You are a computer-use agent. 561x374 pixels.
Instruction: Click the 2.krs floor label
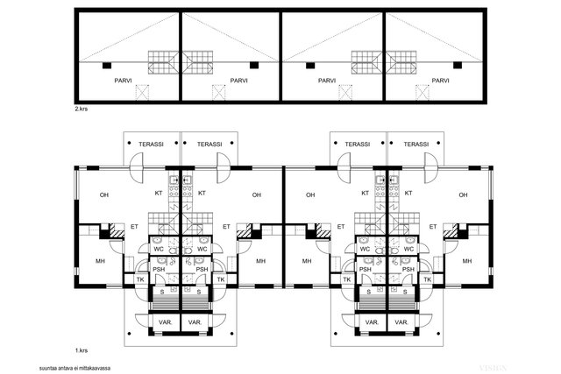point(81,109)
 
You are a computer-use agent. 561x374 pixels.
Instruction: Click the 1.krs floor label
point(82,350)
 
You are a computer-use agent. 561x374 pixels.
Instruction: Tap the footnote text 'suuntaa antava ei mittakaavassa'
point(75,368)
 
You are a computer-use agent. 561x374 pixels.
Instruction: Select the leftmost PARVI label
point(123,81)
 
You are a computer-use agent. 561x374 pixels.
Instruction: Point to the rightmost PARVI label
point(440,81)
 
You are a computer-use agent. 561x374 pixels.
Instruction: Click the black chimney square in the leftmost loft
point(107,66)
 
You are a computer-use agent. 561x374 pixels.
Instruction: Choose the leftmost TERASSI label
point(151,145)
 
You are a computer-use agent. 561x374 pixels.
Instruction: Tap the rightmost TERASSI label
point(416,145)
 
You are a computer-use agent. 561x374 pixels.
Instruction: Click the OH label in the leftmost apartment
point(104,195)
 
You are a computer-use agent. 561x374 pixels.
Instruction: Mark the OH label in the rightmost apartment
point(464,195)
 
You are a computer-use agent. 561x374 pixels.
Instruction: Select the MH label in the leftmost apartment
point(100,261)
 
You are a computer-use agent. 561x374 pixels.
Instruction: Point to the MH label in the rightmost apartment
point(467,261)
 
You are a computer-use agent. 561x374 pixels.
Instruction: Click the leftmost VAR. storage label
point(166,322)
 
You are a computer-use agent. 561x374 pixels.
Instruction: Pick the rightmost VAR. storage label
point(401,322)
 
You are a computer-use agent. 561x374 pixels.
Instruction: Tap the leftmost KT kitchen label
point(159,193)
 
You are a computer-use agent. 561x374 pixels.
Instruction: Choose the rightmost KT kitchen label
point(408,193)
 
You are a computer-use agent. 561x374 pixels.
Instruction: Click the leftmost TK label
point(140,279)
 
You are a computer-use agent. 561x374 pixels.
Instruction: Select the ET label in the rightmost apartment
point(433,227)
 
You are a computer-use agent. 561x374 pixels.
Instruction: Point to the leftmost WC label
point(159,250)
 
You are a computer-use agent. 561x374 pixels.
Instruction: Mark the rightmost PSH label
point(408,270)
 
